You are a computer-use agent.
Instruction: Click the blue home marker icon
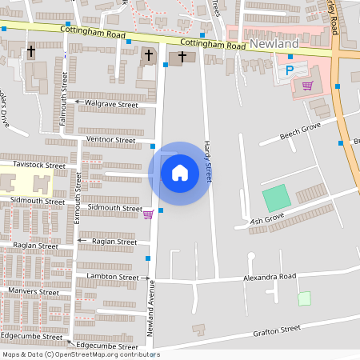pos(180,173)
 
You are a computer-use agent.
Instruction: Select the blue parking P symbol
pos(290,70)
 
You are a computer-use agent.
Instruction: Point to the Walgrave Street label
pos(111,105)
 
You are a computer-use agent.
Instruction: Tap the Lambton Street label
pos(112,277)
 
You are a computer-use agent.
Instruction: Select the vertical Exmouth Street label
pos(78,199)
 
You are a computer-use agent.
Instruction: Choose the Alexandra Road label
pos(270,277)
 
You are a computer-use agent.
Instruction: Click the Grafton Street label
pos(276,329)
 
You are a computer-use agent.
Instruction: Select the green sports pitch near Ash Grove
pos(275,198)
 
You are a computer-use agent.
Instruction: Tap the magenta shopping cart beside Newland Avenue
pos(147,214)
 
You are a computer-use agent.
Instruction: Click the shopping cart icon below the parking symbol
pos(307,85)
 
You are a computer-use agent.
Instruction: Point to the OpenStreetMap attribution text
pos(80,354)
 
